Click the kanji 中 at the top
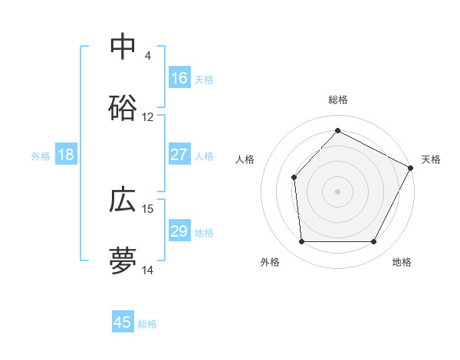[123, 47]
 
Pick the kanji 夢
[123, 260]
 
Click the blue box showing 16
[179, 78]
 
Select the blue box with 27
[179, 155]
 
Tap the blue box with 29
[179, 231]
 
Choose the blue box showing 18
[66, 155]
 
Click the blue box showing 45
[123, 322]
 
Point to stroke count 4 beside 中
[148, 56]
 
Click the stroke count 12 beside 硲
[148, 117]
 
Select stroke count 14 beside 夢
[148, 270]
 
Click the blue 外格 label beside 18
[41, 155]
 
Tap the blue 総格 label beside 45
[147, 323]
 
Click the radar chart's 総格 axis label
[337, 100]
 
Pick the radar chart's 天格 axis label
[431, 159]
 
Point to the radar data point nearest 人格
[294, 178]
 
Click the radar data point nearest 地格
[373, 242]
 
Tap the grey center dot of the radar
[337, 191]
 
